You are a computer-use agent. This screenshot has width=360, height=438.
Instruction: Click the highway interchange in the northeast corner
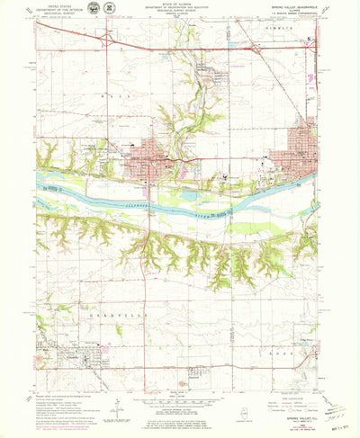[x=254, y=51]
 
